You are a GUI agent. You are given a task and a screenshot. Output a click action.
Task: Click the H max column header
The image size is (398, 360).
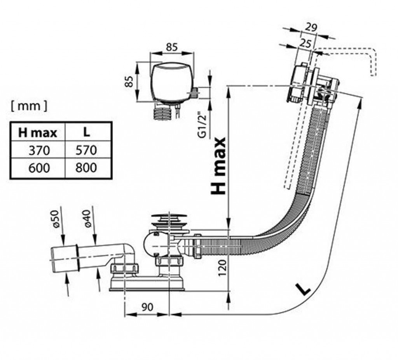pyautogui.click(x=38, y=133)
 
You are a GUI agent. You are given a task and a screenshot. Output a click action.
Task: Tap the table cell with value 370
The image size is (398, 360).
pyautogui.click(x=39, y=150)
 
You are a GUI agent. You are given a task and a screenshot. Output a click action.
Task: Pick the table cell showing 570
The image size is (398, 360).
pyautogui.click(x=86, y=150)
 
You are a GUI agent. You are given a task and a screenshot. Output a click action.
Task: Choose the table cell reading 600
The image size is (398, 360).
pyautogui.click(x=39, y=168)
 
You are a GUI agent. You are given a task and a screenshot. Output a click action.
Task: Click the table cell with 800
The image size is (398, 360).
pyautogui.click(x=86, y=168)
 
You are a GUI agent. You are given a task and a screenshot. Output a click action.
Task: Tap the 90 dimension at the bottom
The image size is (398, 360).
pyautogui.click(x=147, y=307)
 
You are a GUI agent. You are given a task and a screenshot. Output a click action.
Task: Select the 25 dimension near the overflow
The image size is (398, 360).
pyautogui.click(x=306, y=43)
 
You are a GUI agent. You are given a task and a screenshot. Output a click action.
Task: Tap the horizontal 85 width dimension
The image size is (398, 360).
pyautogui.click(x=172, y=47)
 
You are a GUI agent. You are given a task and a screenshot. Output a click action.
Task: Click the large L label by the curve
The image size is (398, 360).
pyautogui.click(x=302, y=288)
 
